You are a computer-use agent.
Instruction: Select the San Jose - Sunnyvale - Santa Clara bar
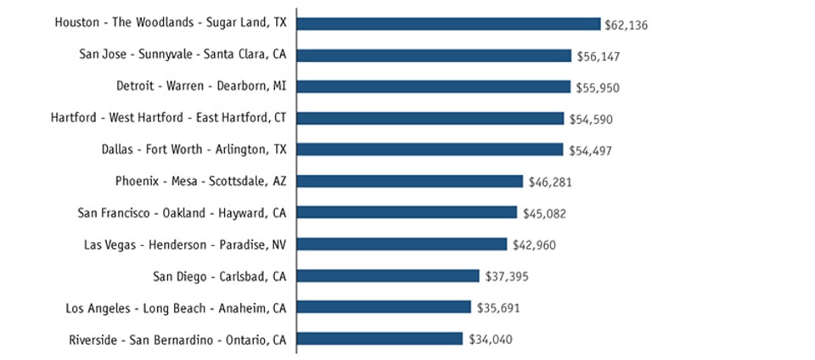[x=434, y=55]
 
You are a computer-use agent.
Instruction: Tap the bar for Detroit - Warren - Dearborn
[x=434, y=87]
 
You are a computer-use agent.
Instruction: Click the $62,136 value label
[x=626, y=25]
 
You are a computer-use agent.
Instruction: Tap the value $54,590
[x=591, y=119]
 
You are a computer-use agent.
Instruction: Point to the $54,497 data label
[x=590, y=150]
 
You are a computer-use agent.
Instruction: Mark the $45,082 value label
[x=544, y=213]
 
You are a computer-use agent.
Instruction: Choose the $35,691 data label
[x=498, y=307]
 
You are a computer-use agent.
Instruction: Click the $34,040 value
[x=491, y=339]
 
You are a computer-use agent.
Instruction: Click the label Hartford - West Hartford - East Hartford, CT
[x=168, y=118]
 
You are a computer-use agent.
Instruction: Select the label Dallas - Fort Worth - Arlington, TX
[x=194, y=149]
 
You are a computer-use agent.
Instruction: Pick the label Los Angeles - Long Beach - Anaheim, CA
[x=176, y=307]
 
